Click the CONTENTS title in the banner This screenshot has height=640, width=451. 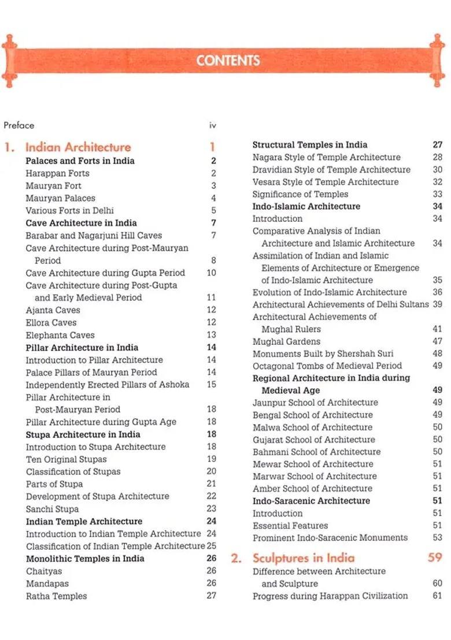(x=228, y=61)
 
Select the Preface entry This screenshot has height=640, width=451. (x=19, y=125)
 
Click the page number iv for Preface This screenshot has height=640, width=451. (x=212, y=125)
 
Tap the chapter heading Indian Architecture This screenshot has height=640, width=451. (x=78, y=147)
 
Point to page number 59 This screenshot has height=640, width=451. (x=435, y=558)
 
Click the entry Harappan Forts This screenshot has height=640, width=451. (x=57, y=173)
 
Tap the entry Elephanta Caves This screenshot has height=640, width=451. (x=60, y=335)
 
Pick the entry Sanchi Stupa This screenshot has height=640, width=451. (x=52, y=509)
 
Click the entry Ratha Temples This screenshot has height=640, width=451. (x=56, y=596)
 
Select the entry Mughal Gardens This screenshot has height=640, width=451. (x=286, y=341)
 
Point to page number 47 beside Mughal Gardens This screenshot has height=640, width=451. (x=437, y=341)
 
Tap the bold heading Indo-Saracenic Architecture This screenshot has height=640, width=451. (x=311, y=501)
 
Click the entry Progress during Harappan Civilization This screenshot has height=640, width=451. (x=330, y=596)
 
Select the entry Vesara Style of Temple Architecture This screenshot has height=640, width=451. (x=326, y=182)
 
